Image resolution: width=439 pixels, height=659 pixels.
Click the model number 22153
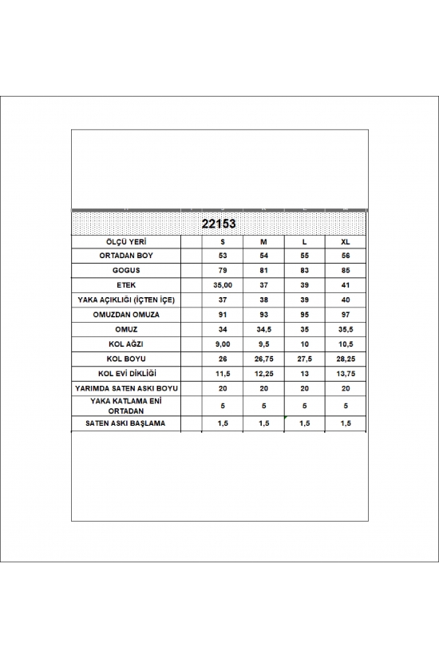[x=218, y=224]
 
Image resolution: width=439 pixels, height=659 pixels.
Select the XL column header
[x=345, y=241]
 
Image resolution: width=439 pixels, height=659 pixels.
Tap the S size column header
[x=223, y=241]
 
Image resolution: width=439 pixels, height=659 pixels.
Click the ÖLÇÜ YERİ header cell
[x=126, y=241]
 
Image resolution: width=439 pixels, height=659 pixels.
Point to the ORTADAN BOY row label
[x=126, y=256]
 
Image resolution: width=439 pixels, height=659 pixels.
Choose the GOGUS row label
[x=126, y=270]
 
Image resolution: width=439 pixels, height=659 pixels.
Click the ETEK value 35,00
[x=223, y=284]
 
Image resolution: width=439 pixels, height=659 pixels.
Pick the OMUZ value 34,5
[x=263, y=328]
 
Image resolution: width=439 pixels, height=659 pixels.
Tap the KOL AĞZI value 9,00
[x=223, y=343]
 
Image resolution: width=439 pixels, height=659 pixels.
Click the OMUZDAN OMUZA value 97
[x=345, y=314]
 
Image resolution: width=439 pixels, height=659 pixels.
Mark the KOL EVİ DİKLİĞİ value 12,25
[x=263, y=372]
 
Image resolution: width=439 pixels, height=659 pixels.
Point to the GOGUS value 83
[x=304, y=270]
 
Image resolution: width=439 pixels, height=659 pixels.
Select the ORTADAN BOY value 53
[x=223, y=256]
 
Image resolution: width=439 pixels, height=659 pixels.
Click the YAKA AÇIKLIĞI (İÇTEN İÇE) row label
[x=126, y=299]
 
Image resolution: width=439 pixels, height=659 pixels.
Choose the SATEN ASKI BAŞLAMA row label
[x=126, y=423]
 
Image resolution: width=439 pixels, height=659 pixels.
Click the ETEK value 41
[x=345, y=284]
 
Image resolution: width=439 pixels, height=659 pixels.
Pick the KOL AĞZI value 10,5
[x=345, y=343]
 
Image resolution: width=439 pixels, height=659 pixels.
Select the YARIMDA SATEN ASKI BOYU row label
[x=126, y=387]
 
